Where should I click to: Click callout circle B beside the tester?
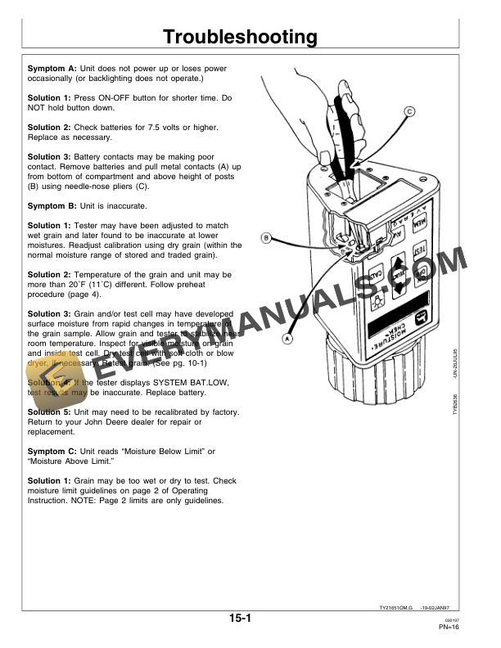pyautogui.click(x=265, y=238)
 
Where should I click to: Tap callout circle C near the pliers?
pyautogui.click(x=408, y=111)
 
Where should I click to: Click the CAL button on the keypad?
pyautogui.click(x=377, y=273)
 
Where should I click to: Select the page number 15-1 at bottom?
pyautogui.click(x=239, y=620)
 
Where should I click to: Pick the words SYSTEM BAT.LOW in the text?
pyautogui.click(x=158, y=382)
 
